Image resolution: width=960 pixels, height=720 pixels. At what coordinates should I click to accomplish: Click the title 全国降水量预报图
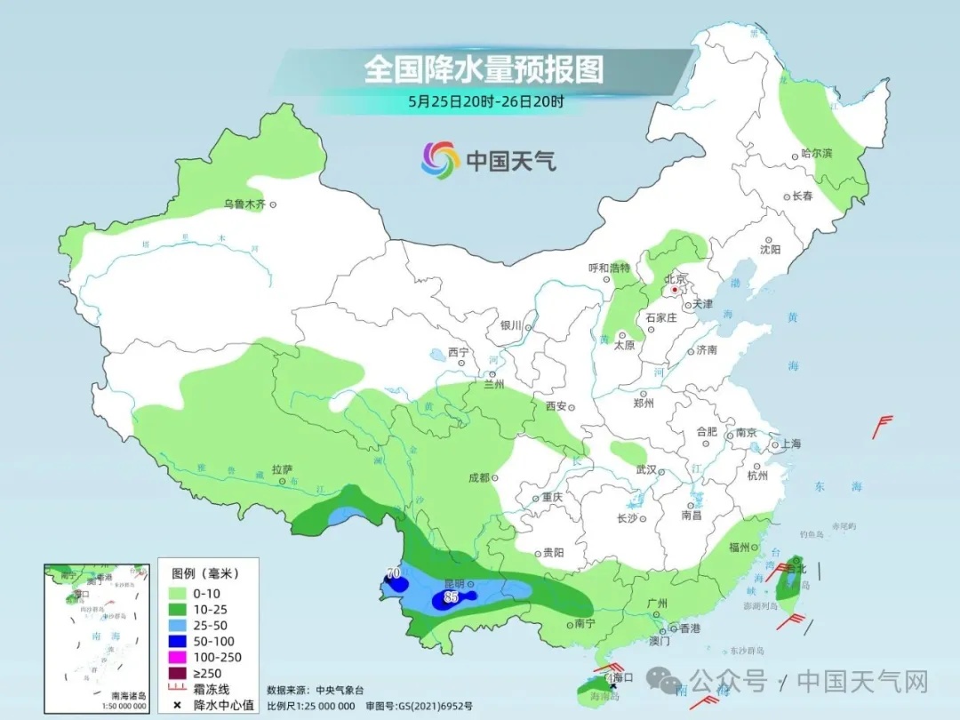tap(484, 69)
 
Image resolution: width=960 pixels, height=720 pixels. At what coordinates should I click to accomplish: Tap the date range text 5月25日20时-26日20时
tap(486, 101)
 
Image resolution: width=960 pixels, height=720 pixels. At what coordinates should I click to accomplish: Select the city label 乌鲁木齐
tap(244, 204)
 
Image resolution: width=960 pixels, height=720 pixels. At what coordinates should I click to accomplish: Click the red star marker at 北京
tap(676, 290)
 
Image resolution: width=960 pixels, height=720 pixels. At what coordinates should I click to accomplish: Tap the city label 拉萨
tap(282, 468)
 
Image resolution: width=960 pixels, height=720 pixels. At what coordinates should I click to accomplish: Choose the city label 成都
tap(478, 477)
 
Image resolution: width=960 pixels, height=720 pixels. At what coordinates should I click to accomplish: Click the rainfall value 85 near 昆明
tap(451, 597)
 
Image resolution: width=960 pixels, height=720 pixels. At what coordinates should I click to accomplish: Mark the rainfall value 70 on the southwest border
tap(393, 573)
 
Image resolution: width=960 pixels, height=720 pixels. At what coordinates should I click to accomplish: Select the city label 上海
tap(789, 444)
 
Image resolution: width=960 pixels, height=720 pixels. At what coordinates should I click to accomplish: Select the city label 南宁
tap(584, 623)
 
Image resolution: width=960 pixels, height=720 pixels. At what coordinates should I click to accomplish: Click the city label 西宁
tap(458, 352)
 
